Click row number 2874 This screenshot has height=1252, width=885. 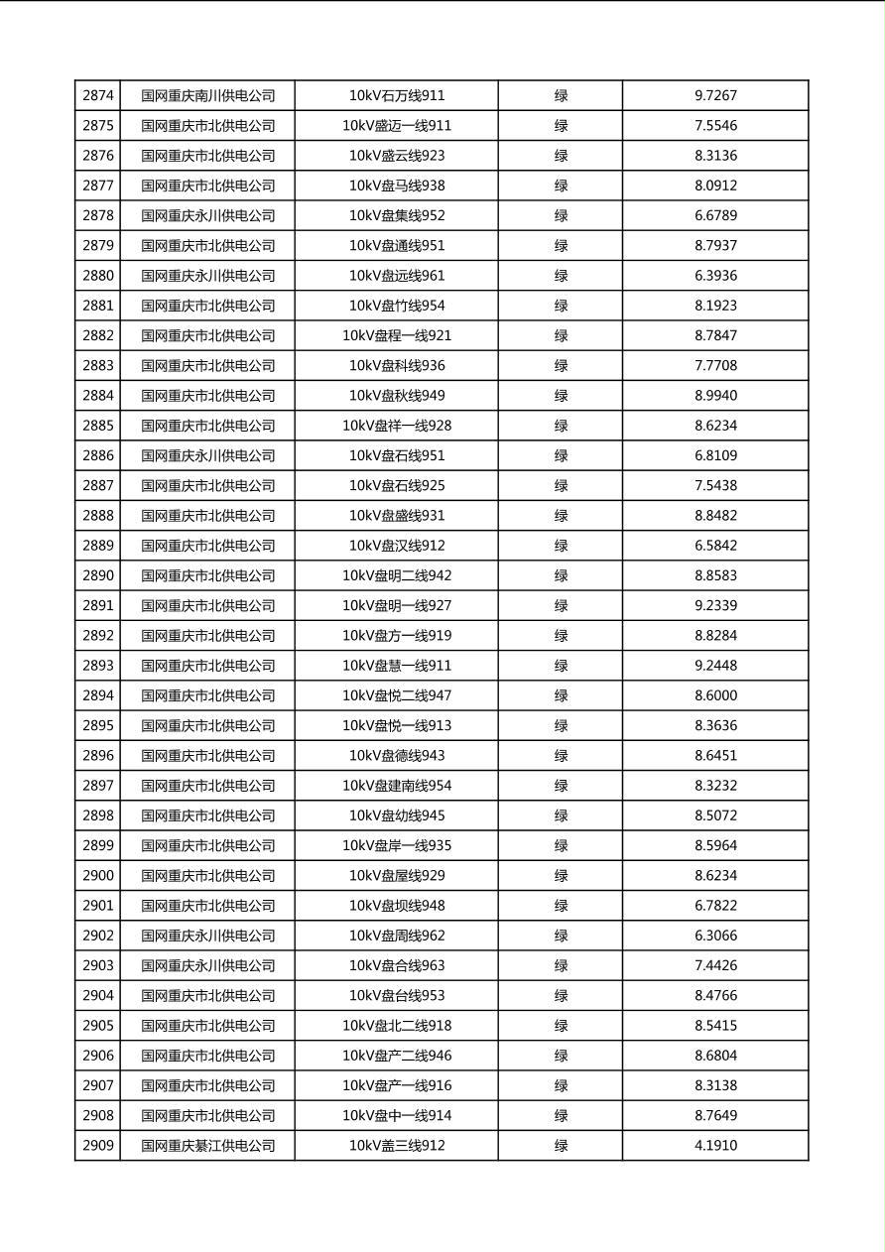click(98, 96)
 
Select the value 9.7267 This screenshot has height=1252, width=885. click(715, 96)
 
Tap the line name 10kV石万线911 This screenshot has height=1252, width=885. click(397, 96)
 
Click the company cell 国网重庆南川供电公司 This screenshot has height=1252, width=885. click(207, 96)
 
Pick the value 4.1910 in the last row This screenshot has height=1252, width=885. click(715, 1146)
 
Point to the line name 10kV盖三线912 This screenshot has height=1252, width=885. click(397, 1146)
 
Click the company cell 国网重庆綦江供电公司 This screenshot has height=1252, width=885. click(207, 1146)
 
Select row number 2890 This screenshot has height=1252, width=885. click(98, 575)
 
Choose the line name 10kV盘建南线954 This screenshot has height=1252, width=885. click(397, 786)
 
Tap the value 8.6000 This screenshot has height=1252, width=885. click(715, 695)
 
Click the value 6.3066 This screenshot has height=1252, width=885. click(715, 936)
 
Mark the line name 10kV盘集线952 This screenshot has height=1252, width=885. click(397, 215)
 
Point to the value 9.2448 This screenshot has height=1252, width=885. click(715, 666)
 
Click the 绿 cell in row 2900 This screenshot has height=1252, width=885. click(561, 876)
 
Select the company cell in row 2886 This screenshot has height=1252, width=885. click(207, 455)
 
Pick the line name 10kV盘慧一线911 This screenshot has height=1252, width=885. click(397, 666)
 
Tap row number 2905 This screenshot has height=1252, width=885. click(98, 1026)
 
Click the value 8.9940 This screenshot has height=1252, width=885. click(715, 396)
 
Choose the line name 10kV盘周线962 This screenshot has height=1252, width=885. click(397, 936)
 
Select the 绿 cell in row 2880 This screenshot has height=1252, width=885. click(561, 276)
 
